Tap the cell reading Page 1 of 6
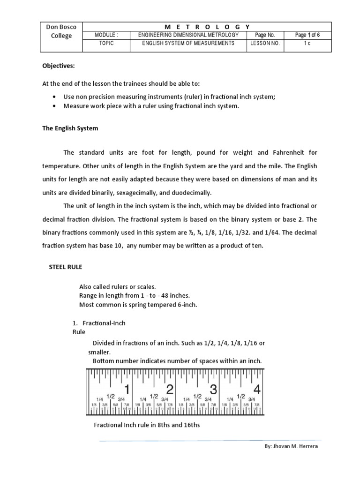[307, 35]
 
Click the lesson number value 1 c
[307, 43]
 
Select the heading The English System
[71, 128]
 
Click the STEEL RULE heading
[66, 266]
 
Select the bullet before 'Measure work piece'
[55, 106]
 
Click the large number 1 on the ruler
[126, 389]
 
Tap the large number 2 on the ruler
[170, 389]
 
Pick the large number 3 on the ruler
[213, 389]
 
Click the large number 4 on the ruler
[257, 389]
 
